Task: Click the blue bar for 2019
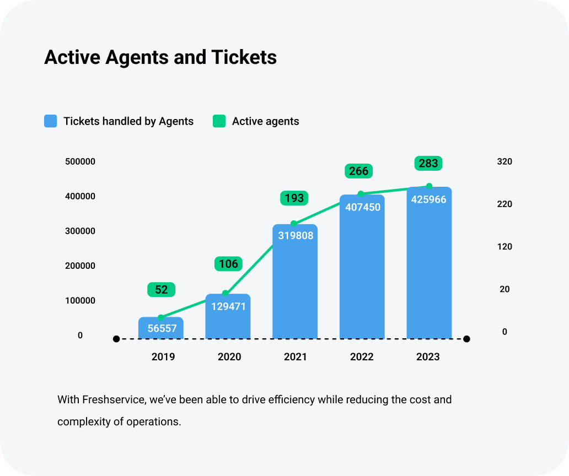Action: click(x=161, y=328)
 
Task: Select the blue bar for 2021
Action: click(x=295, y=281)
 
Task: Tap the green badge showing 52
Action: click(x=161, y=290)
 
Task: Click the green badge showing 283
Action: click(x=428, y=163)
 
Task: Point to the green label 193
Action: click(x=294, y=198)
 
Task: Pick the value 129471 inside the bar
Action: click(x=228, y=306)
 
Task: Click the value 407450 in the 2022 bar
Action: click(x=362, y=208)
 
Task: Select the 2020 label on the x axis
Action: click(x=229, y=357)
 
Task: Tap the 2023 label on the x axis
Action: click(x=428, y=357)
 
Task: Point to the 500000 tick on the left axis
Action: click(x=80, y=161)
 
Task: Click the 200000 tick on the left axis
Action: click(x=80, y=266)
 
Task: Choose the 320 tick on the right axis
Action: click(x=504, y=161)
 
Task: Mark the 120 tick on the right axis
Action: click(x=504, y=247)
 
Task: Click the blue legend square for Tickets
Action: click(x=51, y=121)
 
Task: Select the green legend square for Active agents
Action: click(x=219, y=121)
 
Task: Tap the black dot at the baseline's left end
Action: click(x=116, y=339)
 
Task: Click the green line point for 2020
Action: click(x=225, y=293)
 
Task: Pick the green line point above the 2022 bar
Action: click(x=361, y=194)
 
